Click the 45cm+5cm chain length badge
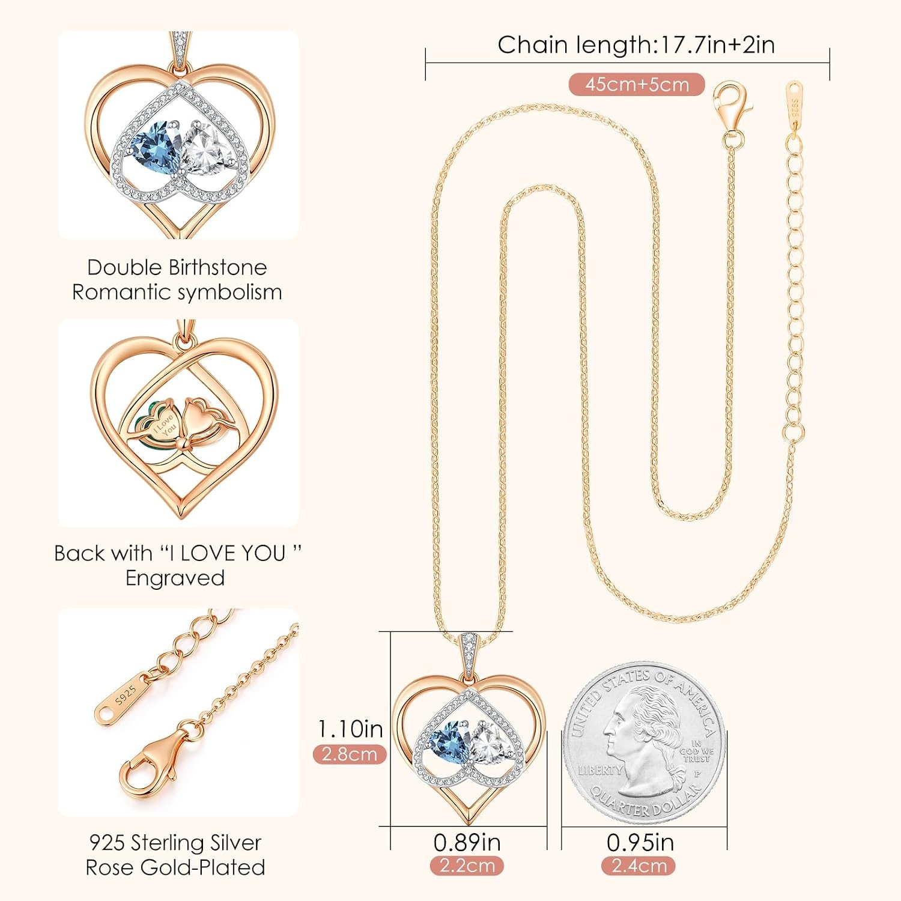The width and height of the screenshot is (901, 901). tap(637, 84)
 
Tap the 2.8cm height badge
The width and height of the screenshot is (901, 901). tap(350, 754)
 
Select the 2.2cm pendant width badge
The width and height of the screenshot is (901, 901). tap(467, 866)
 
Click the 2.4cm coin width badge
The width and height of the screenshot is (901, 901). tap(639, 866)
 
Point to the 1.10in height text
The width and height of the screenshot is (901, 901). tap(350, 729)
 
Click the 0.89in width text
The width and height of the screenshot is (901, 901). tap(467, 842)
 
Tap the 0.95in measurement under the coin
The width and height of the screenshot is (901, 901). tap(640, 842)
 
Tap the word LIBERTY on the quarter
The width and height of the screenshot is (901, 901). tap(600, 770)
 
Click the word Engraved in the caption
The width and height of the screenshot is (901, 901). tap(175, 578)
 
